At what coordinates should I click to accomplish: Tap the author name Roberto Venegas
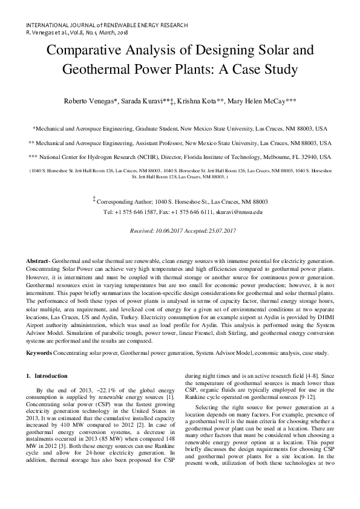tap(91, 100)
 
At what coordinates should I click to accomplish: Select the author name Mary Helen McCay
tap(261, 100)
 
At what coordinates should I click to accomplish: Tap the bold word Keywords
tap(39, 352)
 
